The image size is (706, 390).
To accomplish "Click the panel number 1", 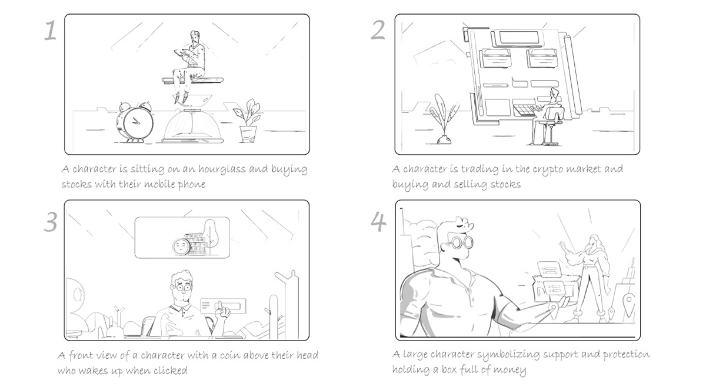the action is (50, 30).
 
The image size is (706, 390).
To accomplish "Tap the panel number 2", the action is (378, 30).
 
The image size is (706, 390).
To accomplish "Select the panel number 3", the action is (51, 222).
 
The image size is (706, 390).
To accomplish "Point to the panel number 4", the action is (378, 221).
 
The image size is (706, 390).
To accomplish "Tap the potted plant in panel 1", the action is (247, 121).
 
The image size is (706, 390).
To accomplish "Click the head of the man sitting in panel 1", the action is (195, 38).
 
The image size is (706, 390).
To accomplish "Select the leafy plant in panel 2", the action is (443, 119).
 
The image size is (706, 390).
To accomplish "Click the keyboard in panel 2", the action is (524, 111).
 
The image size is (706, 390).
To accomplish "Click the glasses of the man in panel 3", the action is (181, 288).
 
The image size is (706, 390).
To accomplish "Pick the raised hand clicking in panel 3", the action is (222, 311).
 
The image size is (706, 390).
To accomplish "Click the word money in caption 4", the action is (509, 370).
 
